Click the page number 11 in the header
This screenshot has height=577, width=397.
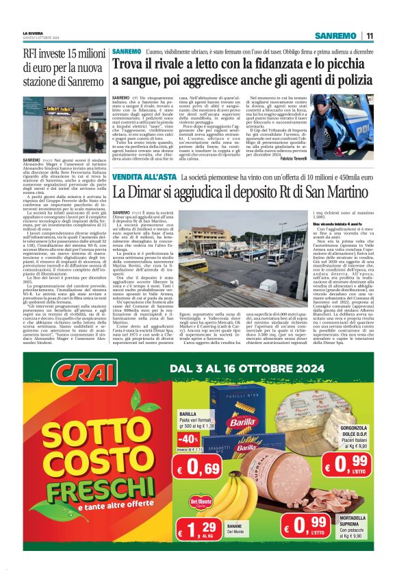click(x=369, y=36)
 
